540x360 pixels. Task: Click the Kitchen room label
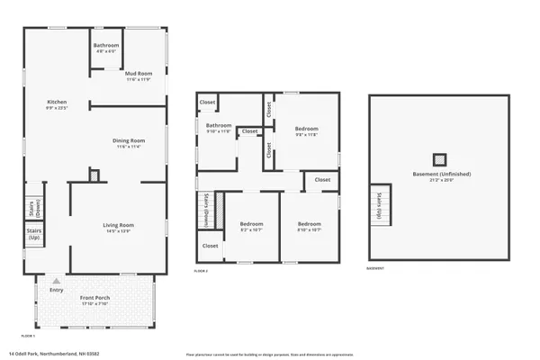57,104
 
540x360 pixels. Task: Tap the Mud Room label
138,75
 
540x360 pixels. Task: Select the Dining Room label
126,147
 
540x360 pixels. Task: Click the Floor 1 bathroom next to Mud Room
106,48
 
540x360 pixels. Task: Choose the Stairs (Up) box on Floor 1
33,238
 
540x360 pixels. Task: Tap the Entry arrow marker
57,281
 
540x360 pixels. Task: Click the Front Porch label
94,300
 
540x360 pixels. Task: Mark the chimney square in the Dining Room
93,175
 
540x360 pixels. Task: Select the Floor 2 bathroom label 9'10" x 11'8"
219,129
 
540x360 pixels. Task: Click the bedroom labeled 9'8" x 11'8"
307,131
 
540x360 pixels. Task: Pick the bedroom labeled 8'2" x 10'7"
251,226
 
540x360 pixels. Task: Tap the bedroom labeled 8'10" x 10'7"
310,226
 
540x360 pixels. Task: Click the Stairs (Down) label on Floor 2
205,209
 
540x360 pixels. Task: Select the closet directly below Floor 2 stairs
210,246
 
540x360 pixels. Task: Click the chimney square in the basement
438,159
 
